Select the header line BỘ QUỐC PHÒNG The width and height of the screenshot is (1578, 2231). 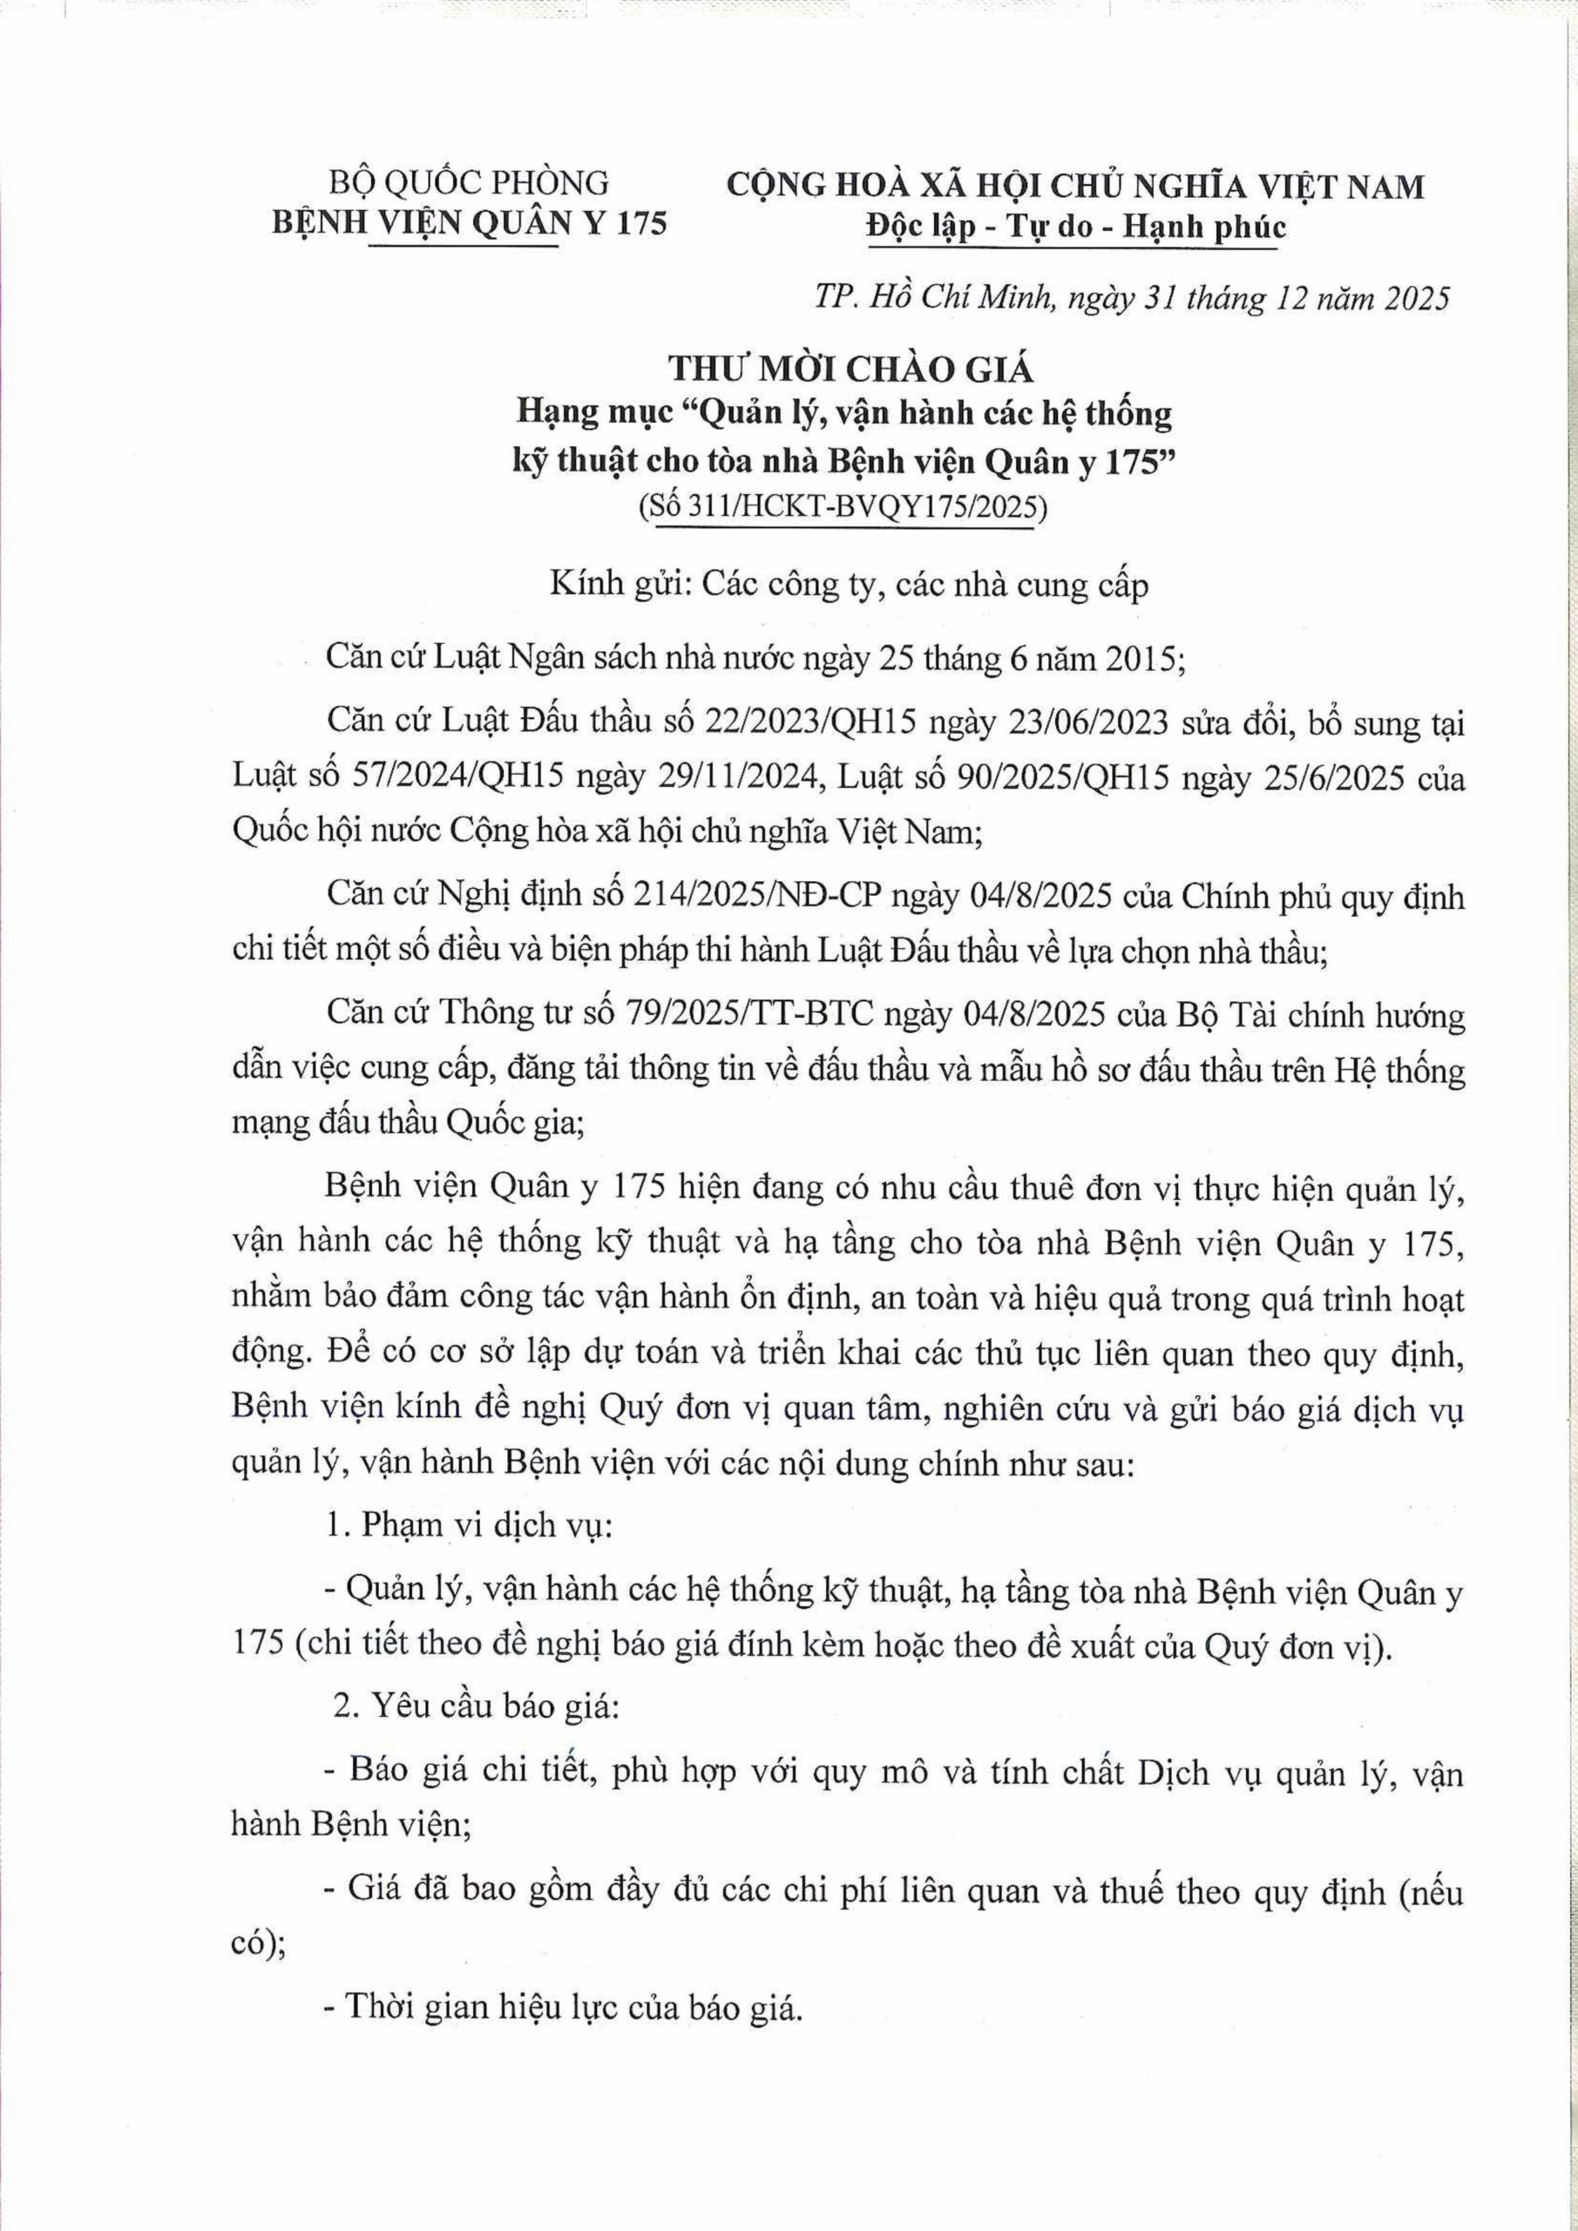470,183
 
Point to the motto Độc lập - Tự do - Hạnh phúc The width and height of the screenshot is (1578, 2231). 1075,227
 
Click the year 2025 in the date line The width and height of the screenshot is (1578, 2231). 1409,297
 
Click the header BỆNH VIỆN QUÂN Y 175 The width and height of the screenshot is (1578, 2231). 470,223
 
